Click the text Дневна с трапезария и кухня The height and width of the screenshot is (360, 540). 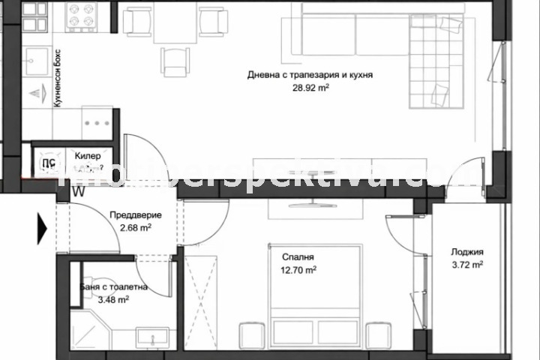click(310, 75)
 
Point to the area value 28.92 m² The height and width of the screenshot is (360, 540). click(310, 88)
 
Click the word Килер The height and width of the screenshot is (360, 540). click(88, 155)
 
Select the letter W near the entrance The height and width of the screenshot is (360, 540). click(78, 190)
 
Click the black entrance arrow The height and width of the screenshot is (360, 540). click(41, 224)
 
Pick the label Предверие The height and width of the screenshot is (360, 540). click(135, 214)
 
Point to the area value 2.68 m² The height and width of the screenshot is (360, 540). click(135, 227)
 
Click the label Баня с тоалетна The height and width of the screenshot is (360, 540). click(113, 286)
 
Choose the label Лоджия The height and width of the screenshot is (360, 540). click(466, 252)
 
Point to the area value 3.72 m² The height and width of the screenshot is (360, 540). click(466, 265)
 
